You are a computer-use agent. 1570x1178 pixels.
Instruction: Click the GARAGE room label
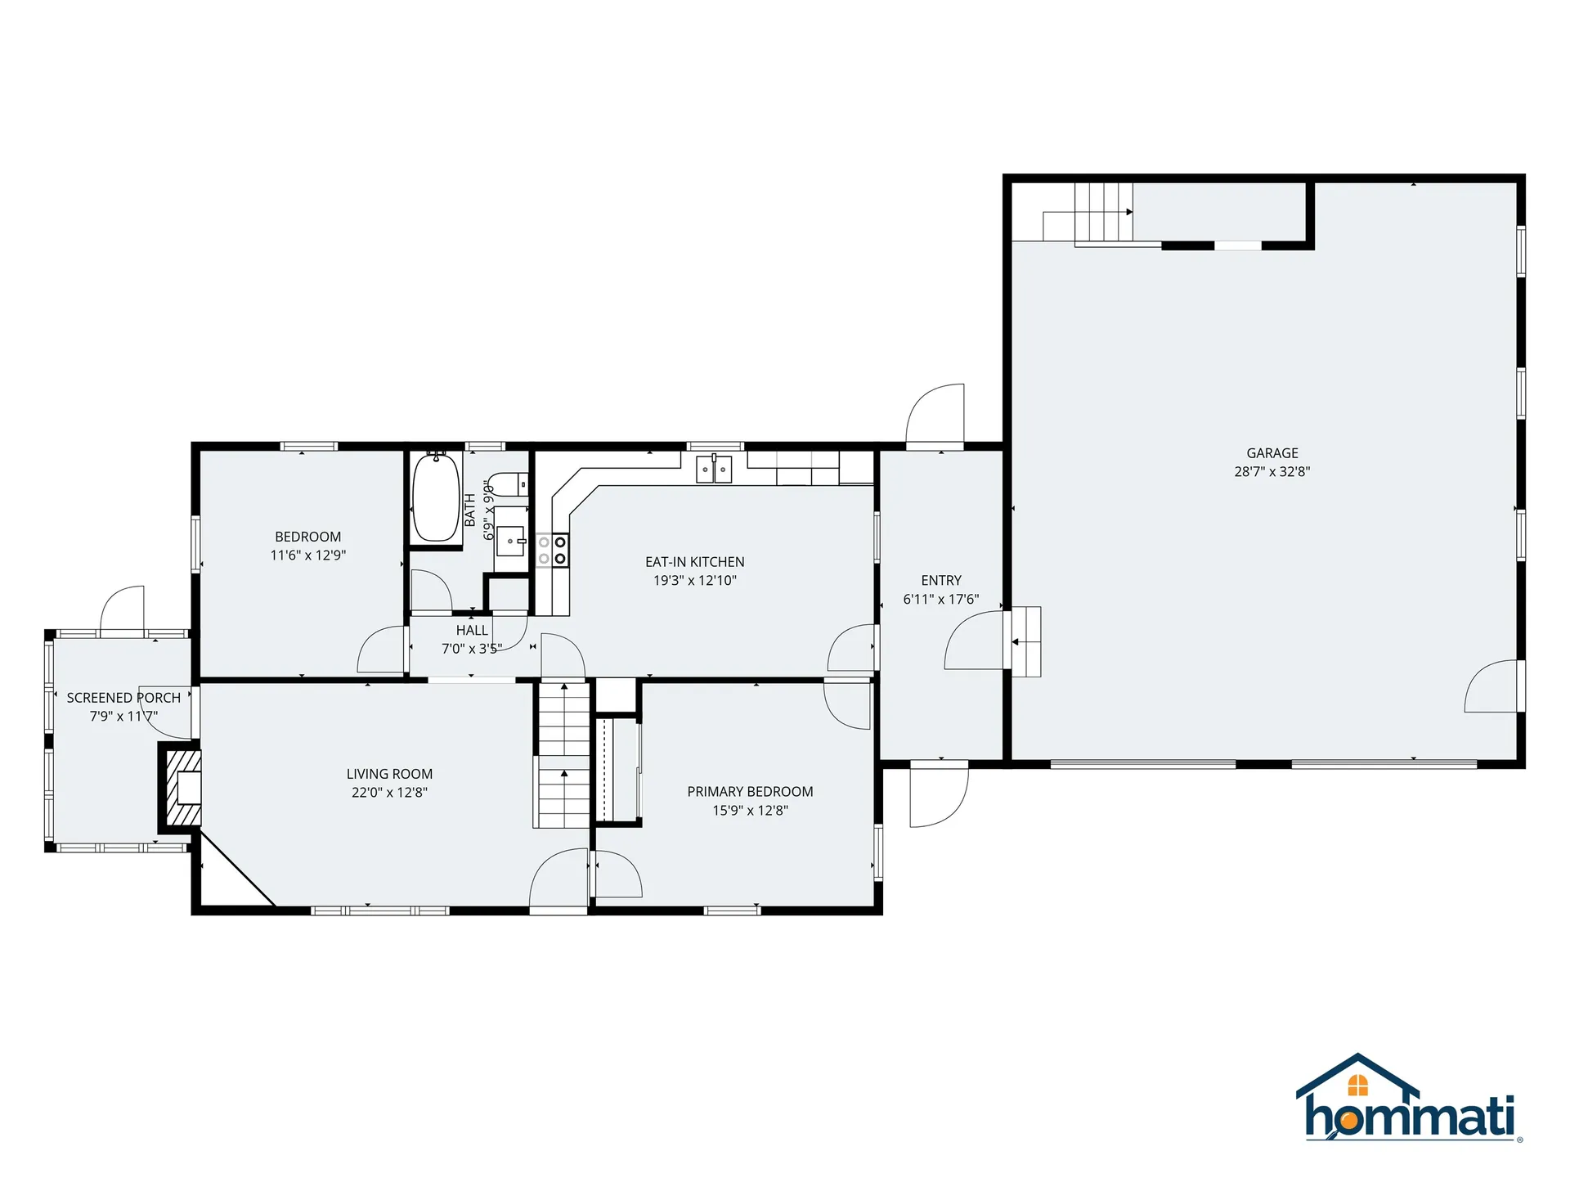[1272, 452]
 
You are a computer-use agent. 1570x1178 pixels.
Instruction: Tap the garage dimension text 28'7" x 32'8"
[1272, 471]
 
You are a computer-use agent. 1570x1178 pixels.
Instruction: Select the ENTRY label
[940, 580]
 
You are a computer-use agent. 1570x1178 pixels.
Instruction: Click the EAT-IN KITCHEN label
[694, 562]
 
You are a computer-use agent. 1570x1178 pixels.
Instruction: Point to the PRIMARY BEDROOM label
[750, 791]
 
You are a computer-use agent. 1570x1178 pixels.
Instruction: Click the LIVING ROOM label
[389, 774]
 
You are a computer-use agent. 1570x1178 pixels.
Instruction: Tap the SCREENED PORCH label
[123, 698]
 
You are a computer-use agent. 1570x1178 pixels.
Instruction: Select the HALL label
[472, 630]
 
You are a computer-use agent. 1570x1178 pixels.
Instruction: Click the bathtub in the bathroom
[436, 497]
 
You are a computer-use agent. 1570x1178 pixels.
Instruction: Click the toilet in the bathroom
[512, 484]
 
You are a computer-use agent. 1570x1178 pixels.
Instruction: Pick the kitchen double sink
[714, 470]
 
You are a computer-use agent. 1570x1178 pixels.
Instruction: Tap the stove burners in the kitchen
[552, 550]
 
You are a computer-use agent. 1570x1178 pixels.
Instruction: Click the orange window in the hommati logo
[1357, 1085]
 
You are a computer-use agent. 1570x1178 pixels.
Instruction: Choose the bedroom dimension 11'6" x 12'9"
[308, 555]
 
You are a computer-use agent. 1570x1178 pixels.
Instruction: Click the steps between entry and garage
[1026, 641]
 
